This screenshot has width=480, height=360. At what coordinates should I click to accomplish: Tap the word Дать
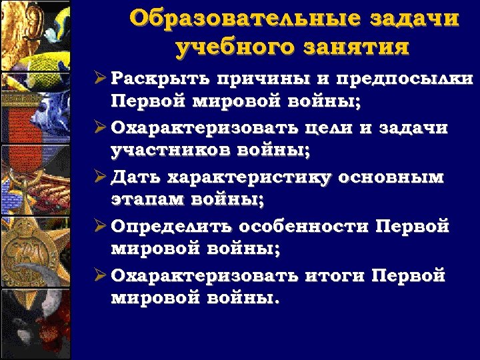click(x=133, y=177)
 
